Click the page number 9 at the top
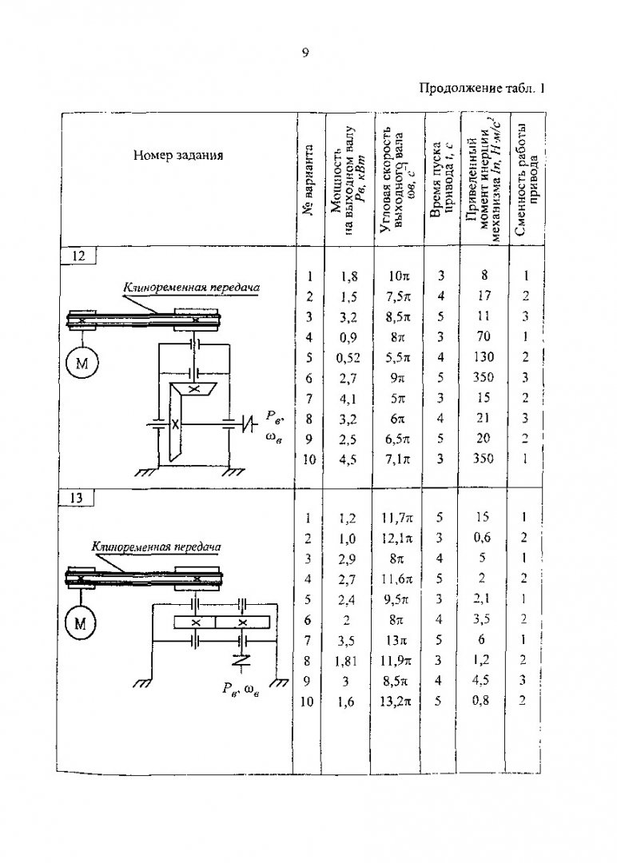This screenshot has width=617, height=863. pos(305,53)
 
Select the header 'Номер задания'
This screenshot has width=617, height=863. pos(177,155)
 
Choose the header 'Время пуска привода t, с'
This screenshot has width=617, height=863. pos(442,180)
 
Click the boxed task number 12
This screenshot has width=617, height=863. pos(78,256)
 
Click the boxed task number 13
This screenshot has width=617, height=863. pos(76,498)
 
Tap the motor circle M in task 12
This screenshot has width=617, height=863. pos(81,364)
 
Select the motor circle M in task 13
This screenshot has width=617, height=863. pos(80,623)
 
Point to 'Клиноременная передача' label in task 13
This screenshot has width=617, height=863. pos(157,547)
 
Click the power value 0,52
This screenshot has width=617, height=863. pos(348,358)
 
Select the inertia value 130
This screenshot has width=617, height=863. pos(484,356)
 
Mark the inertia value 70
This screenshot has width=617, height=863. pos(484,336)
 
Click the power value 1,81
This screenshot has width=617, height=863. pos(346,661)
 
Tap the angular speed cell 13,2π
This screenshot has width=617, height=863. pos(396,702)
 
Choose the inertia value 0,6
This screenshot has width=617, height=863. pos(482,538)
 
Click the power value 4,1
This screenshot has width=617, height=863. pos(348,399)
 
